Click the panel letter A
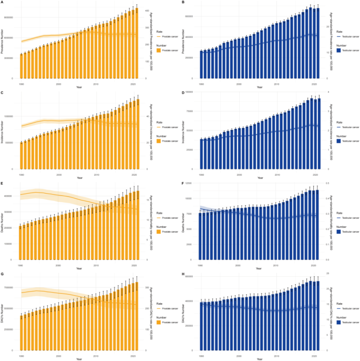pos(2,3)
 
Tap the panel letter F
pos(182,183)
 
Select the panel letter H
pos(182,273)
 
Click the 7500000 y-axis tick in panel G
pos(12,287)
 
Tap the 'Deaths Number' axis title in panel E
pos(3,221)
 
